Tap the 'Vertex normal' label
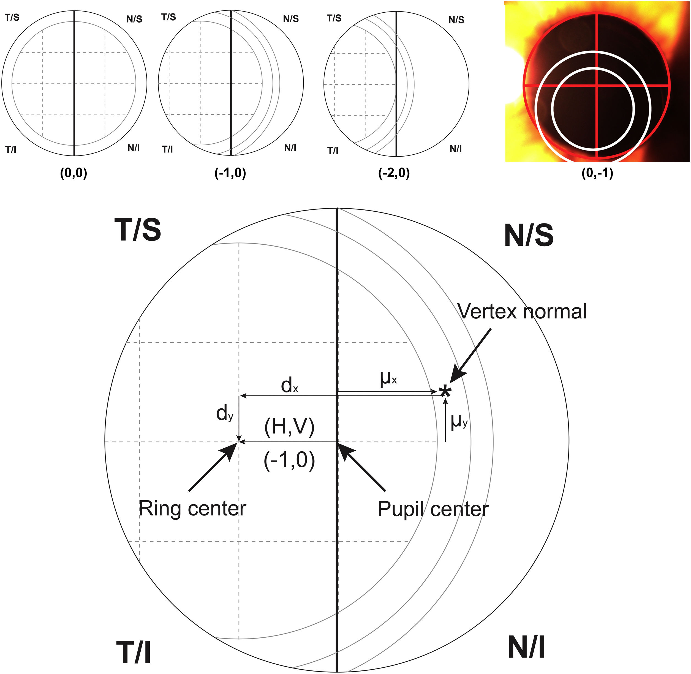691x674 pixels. (x=522, y=312)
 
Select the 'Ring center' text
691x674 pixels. (x=192, y=509)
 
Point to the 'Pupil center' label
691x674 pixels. (x=433, y=509)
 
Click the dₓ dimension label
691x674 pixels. (x=289, y=385)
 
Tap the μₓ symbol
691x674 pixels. (x=388, y=379)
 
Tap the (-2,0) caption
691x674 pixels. (x=394, y=173)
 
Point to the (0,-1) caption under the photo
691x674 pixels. (x=597, y=173)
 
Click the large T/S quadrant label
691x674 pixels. (x=138, y=230)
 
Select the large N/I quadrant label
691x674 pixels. (x=526, y=647)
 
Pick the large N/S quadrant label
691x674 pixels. (x=528, y=235)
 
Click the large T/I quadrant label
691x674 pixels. (x=134, y=652)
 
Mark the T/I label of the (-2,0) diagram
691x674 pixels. (x=333, y=151)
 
